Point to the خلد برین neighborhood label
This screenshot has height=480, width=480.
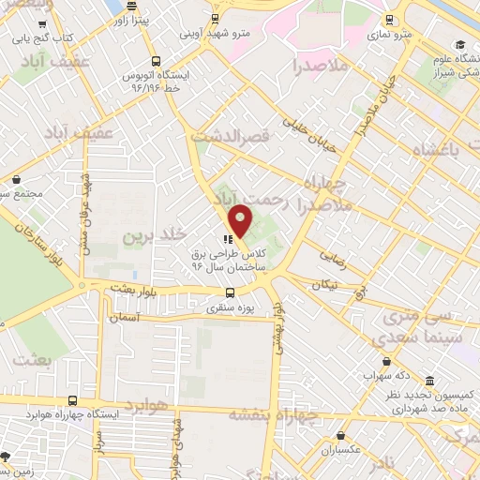coord(156,233)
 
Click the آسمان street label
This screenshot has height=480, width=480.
coord(123,319)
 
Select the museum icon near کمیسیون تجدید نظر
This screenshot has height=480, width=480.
coord(429,382)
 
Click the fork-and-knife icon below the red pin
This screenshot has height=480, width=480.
coord(228,238)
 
